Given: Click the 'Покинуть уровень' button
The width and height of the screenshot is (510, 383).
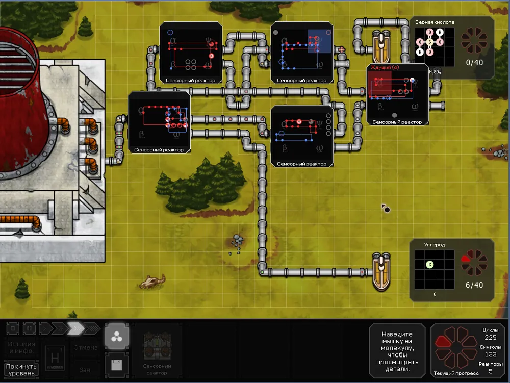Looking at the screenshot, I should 22,369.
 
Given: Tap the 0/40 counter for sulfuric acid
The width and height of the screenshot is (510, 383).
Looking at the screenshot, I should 474,63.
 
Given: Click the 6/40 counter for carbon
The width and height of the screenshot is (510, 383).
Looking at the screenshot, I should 474,285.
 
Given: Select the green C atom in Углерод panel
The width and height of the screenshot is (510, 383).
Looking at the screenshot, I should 430,264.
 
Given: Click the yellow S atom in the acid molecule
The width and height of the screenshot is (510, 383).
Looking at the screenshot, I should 430,42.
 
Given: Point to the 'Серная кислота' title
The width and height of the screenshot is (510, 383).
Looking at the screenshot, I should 435,22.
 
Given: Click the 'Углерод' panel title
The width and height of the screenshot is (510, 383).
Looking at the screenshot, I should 435,245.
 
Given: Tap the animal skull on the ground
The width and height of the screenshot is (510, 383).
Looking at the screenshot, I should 153,281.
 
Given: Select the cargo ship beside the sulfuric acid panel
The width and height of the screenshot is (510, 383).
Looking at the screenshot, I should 381,47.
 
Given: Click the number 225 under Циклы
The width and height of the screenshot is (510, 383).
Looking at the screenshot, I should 490,338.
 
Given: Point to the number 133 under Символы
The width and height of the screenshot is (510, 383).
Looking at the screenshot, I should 490,354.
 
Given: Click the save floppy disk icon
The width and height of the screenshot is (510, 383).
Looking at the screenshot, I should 116,365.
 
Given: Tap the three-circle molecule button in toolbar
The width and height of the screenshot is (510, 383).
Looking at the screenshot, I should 116,336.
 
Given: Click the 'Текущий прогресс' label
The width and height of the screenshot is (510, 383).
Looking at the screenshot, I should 456,373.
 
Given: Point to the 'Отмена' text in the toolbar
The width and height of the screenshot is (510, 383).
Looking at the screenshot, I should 85,348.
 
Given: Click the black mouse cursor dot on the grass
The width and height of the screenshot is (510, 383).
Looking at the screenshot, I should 387,210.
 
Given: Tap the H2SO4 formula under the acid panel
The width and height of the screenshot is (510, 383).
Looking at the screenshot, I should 435,72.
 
